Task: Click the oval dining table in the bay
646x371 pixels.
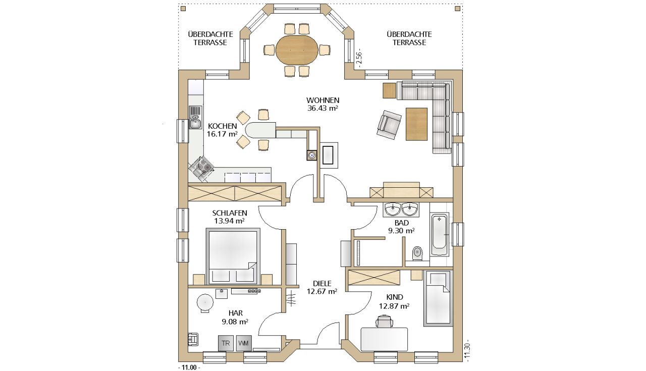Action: (297, 50)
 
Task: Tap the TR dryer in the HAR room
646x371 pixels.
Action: (226, 343)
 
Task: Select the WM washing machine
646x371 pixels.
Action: (244, 343)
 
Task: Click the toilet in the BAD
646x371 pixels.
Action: (417, 253)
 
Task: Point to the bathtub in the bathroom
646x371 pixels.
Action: (440, 235)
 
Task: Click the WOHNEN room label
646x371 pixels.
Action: (322, 100)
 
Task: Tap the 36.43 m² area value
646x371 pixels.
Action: (322, 108)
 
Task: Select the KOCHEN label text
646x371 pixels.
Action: (223, 126)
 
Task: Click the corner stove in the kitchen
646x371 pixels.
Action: (201, 168)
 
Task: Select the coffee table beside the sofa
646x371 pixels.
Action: (416, 124)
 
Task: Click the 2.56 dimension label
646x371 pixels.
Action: (358, 60)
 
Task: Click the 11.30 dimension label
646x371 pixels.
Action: (467, 350)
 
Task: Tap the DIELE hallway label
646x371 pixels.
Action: (322, 284)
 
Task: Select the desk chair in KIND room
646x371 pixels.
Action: (385, 322)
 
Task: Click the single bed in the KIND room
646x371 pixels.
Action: (437, 298)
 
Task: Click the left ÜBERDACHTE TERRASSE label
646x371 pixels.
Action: (210, 38)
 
